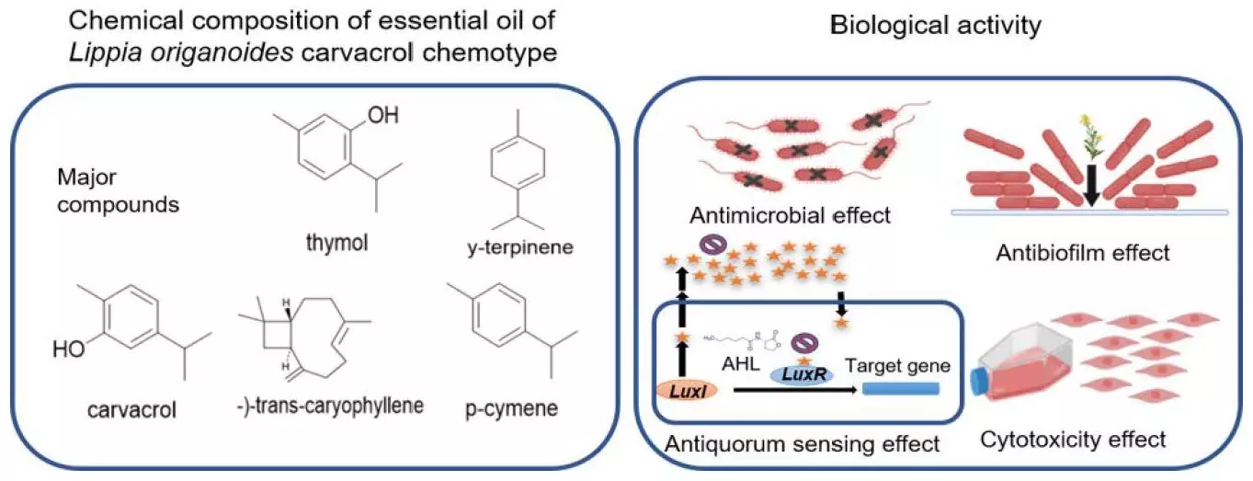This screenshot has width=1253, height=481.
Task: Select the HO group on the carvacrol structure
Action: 68,349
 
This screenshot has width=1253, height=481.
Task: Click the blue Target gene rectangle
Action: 901,390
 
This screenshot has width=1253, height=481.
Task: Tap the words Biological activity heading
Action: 935,26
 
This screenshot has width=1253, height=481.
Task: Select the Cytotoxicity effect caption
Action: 1073,439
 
